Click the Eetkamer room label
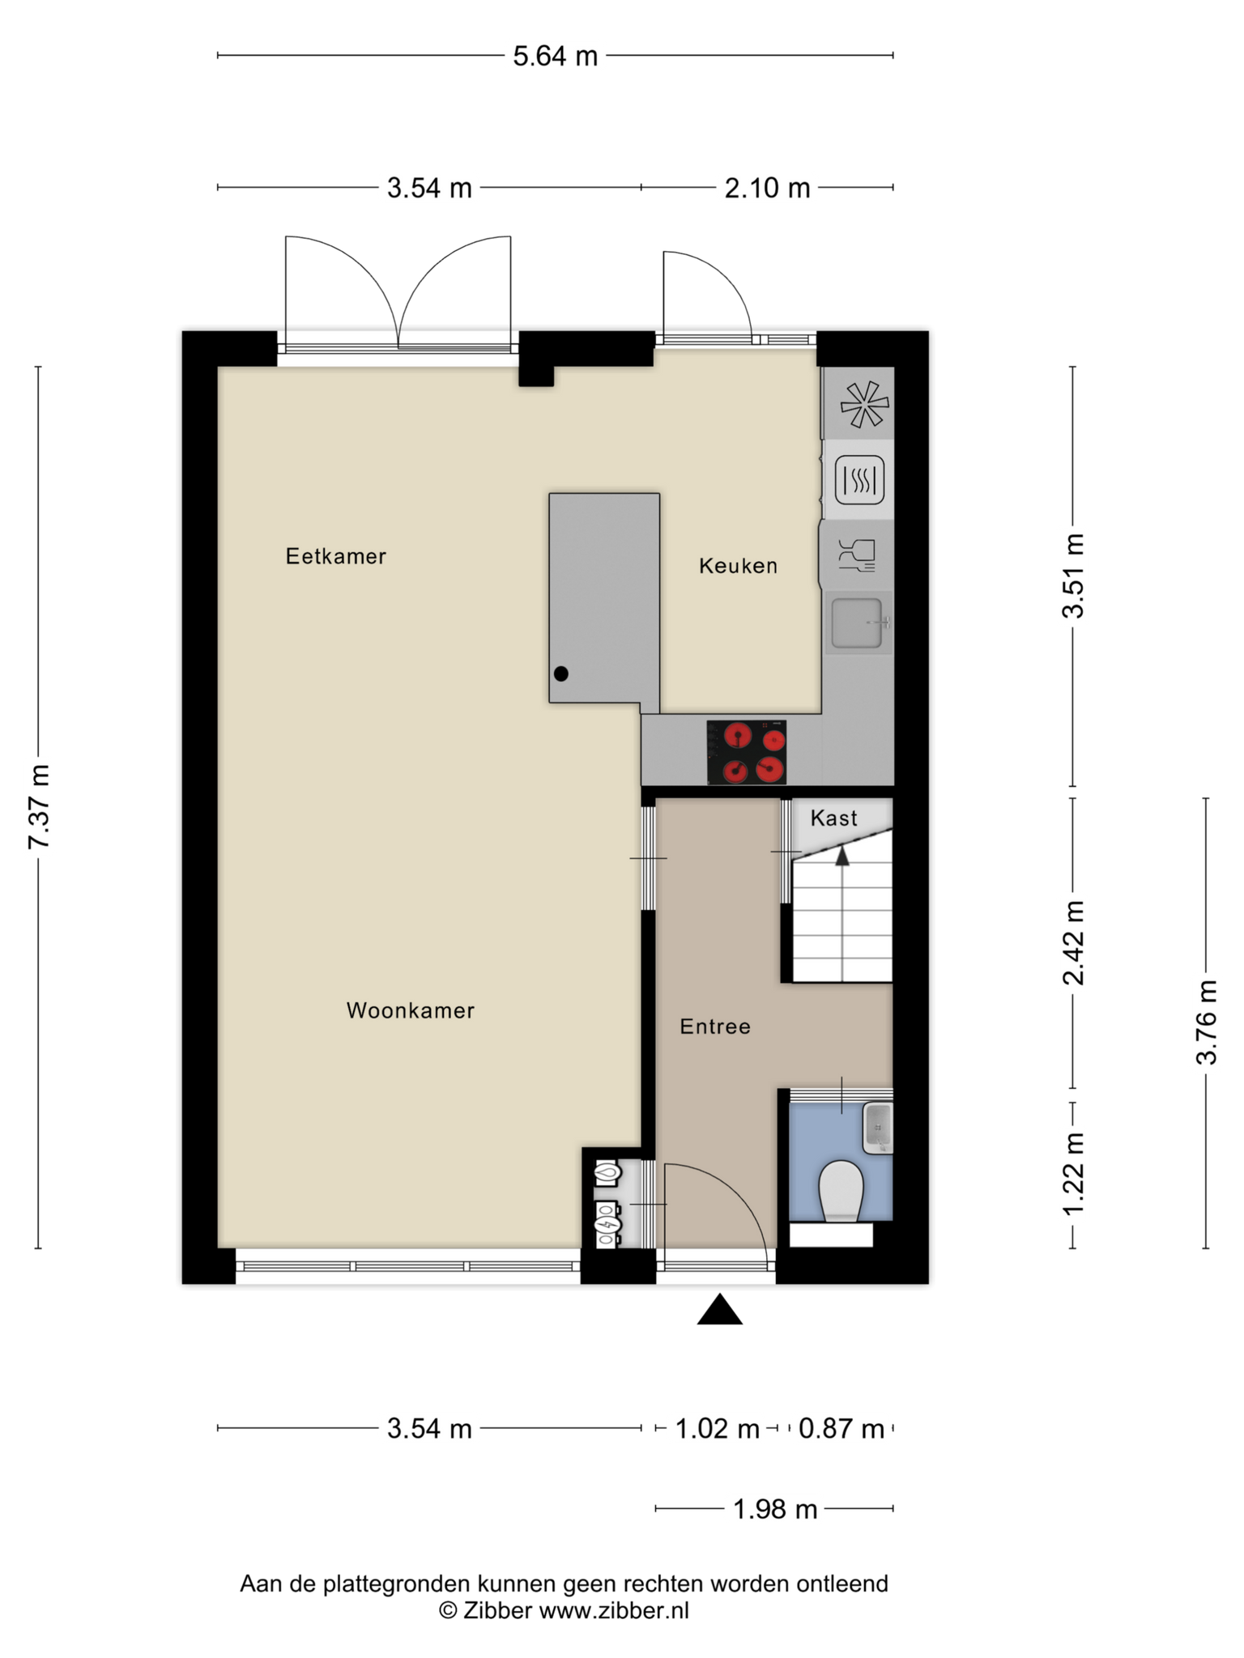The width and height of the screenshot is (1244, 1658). (336, 556)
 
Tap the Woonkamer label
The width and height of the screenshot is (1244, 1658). (411, 1010)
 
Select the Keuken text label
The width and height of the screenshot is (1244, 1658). (739, 566)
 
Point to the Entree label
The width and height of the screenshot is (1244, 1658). (715, 1027)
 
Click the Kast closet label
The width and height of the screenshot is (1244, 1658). (834, 818)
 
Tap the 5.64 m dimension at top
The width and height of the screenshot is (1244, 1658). (556, 56)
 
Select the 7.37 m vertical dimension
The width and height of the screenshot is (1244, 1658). (39, 806)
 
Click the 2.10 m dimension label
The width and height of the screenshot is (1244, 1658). (767, 188)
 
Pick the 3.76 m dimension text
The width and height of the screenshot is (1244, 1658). (1207, 1022)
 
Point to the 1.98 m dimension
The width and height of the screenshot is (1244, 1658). (775, 1509)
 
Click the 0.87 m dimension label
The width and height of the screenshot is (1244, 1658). (841, 1429)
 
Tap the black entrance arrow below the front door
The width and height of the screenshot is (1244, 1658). (720, 1310)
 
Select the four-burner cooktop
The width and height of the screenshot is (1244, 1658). (747, 752)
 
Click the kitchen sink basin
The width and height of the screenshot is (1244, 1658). (857, 623)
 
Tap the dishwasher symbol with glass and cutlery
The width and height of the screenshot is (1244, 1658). (857, 555)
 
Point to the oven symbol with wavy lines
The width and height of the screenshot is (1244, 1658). (859, 480)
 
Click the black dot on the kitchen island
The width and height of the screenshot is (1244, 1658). (560, 674)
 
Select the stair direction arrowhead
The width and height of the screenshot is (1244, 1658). (842, 856)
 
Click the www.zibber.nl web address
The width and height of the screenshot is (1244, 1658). (614, 1610)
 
